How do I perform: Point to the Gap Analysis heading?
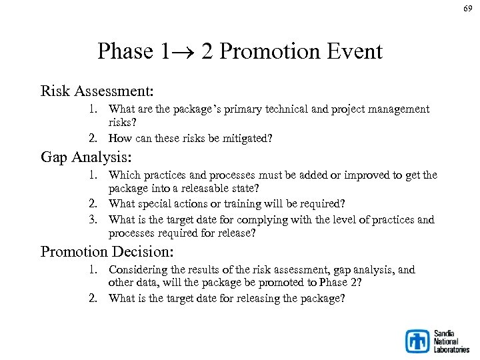(x=86, y=157)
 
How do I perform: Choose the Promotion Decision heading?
(x=107, y=252)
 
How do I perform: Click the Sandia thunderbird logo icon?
(x=418, y=341)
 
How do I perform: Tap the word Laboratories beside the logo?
(x=451, y=349)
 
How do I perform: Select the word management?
(x=399, y=109)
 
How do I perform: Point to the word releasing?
(x=265, y=298)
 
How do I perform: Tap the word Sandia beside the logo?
(x=444, y=333)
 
